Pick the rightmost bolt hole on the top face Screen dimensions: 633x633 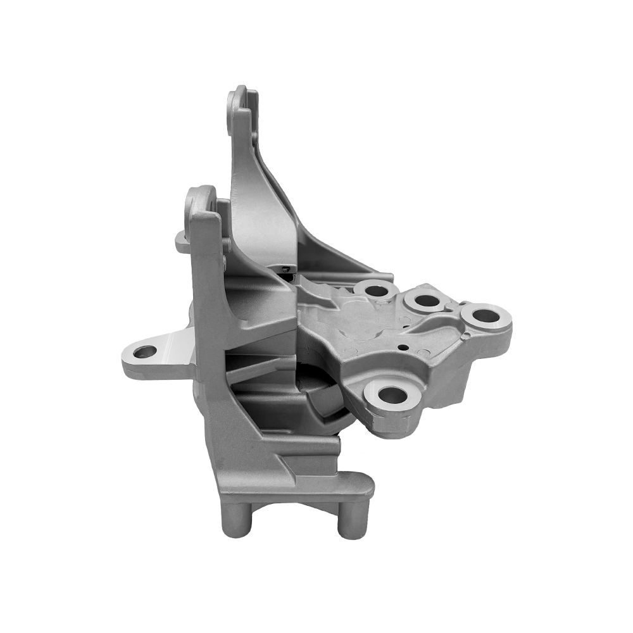[x=484, y=315]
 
